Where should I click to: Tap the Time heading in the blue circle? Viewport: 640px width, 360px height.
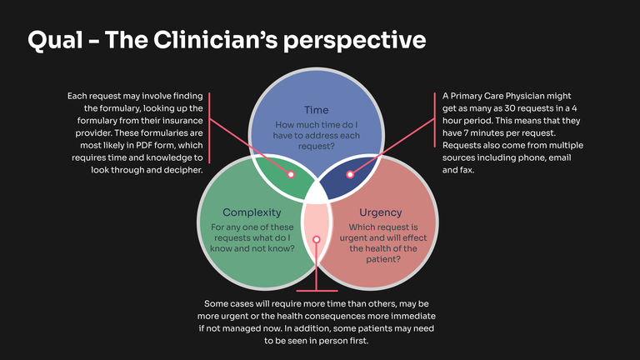[x=316, y=110]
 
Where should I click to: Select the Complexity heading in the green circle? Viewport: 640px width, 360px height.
[x=252, y=212]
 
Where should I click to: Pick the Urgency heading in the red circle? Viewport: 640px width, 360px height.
[x=380, y=212]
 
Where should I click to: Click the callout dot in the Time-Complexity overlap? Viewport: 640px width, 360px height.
[x=291, y=175]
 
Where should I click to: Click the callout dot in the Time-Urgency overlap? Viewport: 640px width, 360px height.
[x=350, y=175]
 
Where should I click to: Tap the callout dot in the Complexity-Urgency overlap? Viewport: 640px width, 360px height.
[x=316, y=239]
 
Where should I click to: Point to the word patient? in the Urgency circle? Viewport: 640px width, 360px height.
[x=380, y=259]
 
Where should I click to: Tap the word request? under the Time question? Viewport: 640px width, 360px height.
[x=316, y=146]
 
